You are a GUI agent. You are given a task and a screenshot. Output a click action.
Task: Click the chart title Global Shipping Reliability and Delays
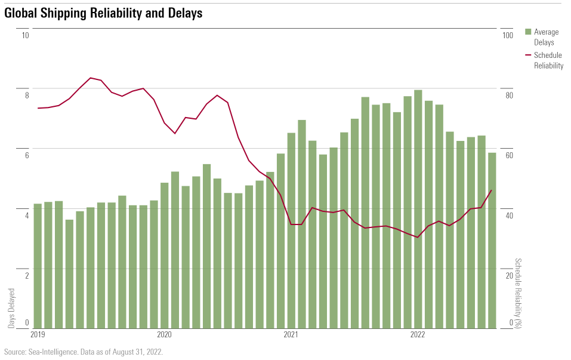tap(103, 13)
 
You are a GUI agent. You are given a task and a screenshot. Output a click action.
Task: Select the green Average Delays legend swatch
tap(528, 32)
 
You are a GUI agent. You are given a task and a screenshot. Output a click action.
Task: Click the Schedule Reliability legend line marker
tap(528, 55)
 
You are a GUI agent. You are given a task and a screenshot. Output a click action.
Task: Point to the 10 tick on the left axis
tap(25, 35)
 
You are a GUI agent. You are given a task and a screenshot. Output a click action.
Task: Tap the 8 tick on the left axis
tap(26, 95)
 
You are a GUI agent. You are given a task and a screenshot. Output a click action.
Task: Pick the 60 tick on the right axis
tap(508, 155)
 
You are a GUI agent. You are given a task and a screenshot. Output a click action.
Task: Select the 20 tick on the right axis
tap(508, 275)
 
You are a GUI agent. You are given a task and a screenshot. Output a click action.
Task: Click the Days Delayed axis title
tap(12, 308)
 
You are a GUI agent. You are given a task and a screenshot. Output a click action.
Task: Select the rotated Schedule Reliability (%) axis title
tap(518, 293)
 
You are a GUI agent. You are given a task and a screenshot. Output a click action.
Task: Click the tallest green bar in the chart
tap(418, 209)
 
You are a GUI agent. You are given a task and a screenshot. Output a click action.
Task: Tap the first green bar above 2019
tap(38, 266)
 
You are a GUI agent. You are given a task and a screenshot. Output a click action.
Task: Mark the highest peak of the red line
tap(90, 78)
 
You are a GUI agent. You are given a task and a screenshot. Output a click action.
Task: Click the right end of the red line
tap(491, 190)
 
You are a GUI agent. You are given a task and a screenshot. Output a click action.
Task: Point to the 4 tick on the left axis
tap(26, 215)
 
